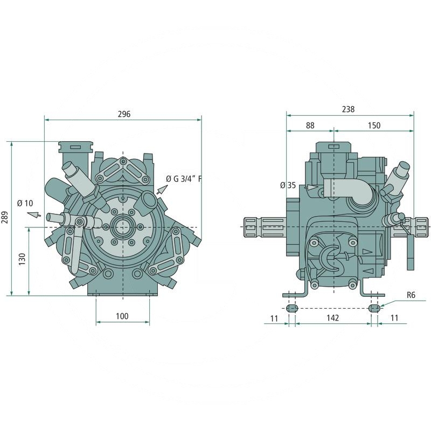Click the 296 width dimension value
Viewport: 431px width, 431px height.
[124, 114]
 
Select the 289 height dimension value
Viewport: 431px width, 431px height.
[5, 217]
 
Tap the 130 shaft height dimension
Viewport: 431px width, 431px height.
[22, 259]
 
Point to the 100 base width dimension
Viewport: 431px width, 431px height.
[122, 316]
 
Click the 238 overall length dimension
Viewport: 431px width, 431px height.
[348, 109]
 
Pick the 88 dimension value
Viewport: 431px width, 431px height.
[310, 126]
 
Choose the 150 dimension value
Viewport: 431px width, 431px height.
[374, 126]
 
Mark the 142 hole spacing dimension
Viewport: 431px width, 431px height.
[332, 318]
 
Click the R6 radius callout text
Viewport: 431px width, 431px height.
[411, 295]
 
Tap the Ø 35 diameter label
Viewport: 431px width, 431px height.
[288, 185]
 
